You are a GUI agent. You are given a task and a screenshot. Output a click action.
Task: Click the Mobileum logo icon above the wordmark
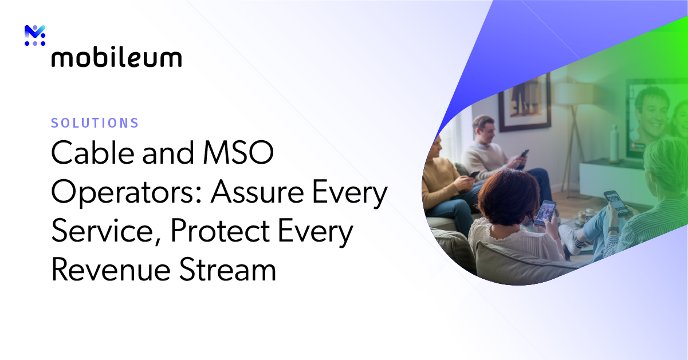tap(35, 35)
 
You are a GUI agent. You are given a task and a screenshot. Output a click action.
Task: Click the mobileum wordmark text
tap(116, 57)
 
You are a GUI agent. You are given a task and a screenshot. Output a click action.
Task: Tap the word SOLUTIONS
tap(95, 122)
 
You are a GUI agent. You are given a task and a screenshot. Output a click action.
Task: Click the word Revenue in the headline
tap(109, 270)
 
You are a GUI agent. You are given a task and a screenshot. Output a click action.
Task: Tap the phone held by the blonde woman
tap(616, 203)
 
